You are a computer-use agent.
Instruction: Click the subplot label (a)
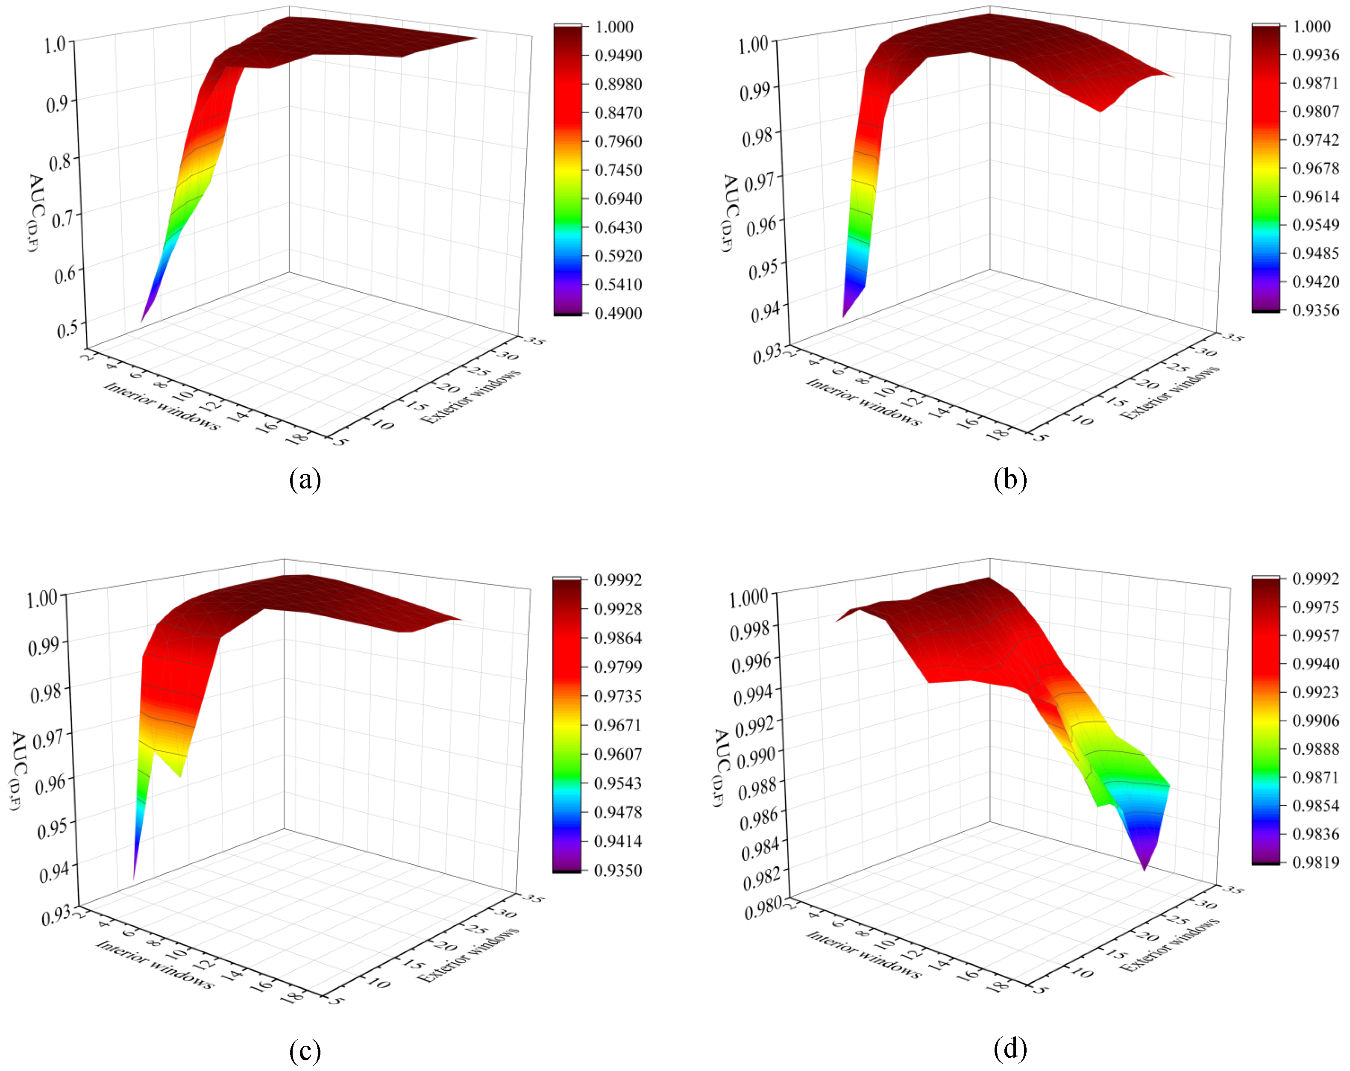click(305, 480)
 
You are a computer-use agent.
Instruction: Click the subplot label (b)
click(1010, 480)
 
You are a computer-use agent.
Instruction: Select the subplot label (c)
click(305, 1050)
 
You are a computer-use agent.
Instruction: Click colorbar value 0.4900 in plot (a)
click(618, 313)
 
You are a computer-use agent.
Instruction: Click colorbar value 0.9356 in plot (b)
click(1315, 310)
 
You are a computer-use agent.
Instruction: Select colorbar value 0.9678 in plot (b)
click(1315, 168)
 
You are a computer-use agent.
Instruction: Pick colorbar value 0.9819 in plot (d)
click(1315, 862)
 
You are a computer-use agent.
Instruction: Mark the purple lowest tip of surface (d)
click(1145, 869)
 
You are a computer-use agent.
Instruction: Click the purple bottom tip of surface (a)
click(142, 321)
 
